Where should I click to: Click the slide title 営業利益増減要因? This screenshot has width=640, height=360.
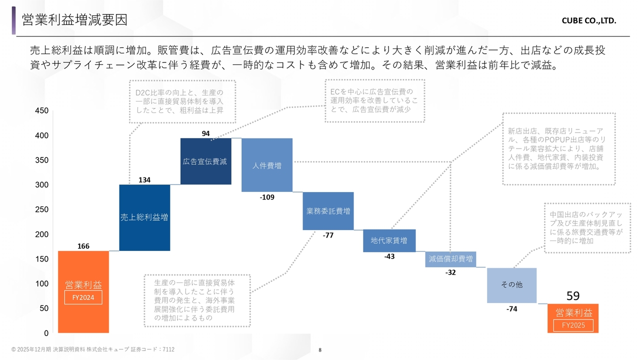[74, 20]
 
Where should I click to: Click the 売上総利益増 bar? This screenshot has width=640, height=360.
[144, 217]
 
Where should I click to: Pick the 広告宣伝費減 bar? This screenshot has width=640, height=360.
[205, 161]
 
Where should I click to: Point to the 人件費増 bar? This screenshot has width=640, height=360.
[266, 165]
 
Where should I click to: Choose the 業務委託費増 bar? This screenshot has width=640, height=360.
[328, 211]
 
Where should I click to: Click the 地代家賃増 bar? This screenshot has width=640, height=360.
[389, 240]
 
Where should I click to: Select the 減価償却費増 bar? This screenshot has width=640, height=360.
[450, 259]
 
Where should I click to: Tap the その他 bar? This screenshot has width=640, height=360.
[511, 285]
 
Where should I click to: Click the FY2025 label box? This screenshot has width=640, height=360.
[573, 325]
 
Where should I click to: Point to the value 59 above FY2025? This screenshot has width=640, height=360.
[573, 296]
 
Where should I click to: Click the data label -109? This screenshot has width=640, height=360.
[267, 197]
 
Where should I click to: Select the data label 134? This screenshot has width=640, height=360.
[144, 180]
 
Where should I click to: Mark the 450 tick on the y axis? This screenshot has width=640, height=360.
[42, 111]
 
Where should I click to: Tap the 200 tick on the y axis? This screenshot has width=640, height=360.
[42, 234]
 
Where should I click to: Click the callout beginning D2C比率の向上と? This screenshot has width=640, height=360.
[182, 101]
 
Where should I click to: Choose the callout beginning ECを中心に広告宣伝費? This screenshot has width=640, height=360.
[374, 100]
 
